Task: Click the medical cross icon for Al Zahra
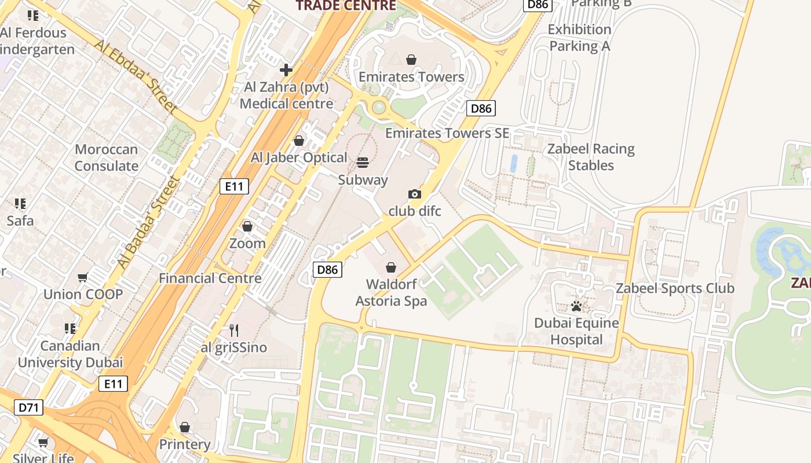tap(286, 70)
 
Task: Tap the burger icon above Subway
tap(363, 163)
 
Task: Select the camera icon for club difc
tap(415, 194)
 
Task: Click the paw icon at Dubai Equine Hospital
tap(576, 306)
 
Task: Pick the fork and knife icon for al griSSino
tap(234, 330)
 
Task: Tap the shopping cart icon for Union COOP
tap(83, 278)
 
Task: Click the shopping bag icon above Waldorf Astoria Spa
tap(391, 267)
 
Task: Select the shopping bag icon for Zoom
tap(247, 226)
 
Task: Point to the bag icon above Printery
tap(185, 427)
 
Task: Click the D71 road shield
tap(28, 407)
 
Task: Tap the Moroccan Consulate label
tap(107, 157)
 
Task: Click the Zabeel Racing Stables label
tap(591, 157)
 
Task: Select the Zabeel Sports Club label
tap(675, 288)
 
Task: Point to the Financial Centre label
tap(210, 278)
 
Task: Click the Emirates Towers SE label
tap(447, 133)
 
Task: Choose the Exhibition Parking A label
tap(579, 38)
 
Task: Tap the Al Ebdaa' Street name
tap(136, 76)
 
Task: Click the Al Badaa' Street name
tap(148, 223)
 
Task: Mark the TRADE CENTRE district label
tap(346, 6)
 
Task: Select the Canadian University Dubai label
tap(70, 354)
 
